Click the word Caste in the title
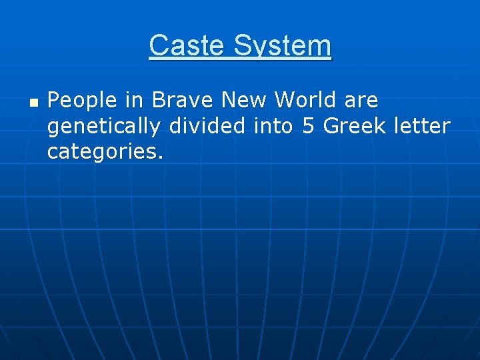tap(189, 46)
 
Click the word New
tap(244, 101)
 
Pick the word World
tap(305, 101)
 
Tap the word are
tap(361, 101)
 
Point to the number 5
tap(309, 125)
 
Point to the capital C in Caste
tap(157, 46)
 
